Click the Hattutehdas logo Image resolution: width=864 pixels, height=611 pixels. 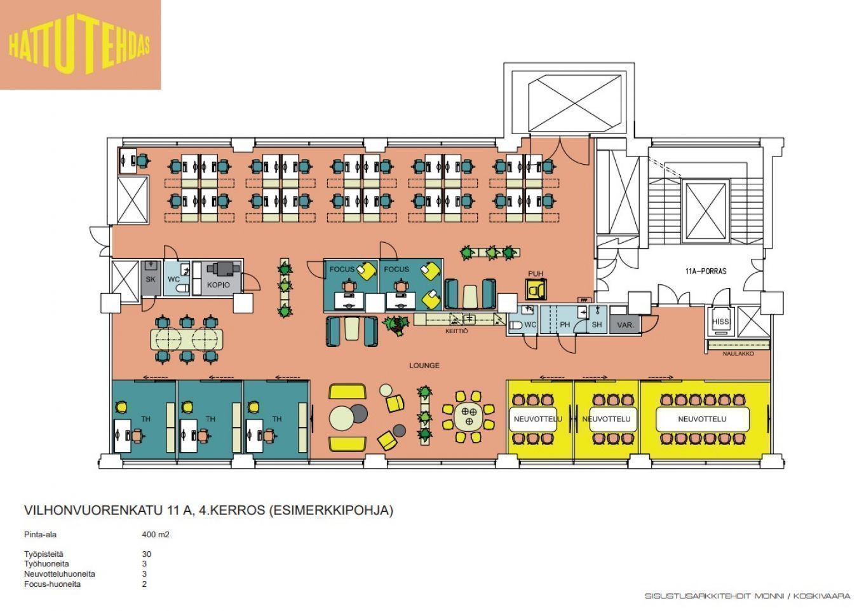click(x=80, y=45)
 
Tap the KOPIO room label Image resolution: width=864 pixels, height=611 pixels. click(x=219, y=285)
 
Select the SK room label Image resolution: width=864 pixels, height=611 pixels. click(x=151, y=279)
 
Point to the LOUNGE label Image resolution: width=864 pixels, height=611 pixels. click(x=424, y=366)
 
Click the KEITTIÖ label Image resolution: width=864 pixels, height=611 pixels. click(x=456, y=331)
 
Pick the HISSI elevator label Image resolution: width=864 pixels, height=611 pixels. click(x=720, y=322)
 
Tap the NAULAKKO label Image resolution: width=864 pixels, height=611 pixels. click(x=738, y=354)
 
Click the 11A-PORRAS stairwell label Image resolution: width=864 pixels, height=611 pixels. click(x=706, y=271)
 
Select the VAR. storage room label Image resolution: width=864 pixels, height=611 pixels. click(x=625, y=326)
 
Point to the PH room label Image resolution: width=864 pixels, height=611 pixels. click(x=565, y=325)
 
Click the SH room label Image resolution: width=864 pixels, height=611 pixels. click(x=597, y=325)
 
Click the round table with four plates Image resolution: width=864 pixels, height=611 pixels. click(x=469, y=417)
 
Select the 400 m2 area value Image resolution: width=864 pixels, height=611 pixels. click(x=156, y=535)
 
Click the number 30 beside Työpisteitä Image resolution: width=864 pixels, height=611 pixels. click(x=147, y=554)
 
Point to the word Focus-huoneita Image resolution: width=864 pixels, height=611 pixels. click(x=53, y=584)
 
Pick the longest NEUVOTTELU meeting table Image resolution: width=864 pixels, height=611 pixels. click(x=703, y=419)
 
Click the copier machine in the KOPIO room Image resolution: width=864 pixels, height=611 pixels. click(x=220, y=268)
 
